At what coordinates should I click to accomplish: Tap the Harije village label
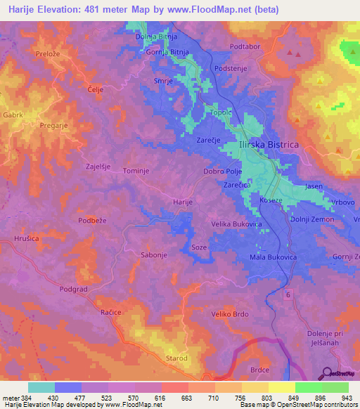point(182,202)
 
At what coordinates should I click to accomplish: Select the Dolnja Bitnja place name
point(156,36)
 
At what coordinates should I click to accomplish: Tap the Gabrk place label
point(13,114)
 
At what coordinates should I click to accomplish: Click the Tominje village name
point(136,171)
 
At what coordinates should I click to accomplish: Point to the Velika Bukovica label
point(237,224)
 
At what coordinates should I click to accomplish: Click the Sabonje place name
point(154,254)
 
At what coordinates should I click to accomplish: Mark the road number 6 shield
point(288,295)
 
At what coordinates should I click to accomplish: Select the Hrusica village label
point(26,239)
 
